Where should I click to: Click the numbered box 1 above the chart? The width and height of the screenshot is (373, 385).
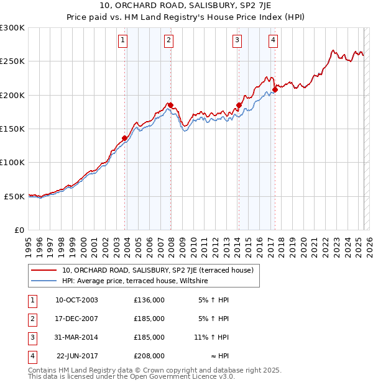click(123, 41)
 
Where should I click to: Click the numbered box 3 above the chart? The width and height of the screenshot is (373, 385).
click(237, 41)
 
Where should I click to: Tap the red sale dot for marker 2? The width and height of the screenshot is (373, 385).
click(170, 106)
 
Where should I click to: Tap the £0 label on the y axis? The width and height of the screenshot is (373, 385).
click(19, 230)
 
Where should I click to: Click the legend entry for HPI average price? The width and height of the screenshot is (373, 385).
click(134, 281)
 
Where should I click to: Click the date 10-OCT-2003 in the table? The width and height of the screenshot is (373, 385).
click(76, 300)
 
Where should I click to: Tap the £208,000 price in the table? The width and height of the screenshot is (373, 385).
click(149, 356)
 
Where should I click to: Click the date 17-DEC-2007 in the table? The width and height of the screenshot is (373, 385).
click(76, 319)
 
